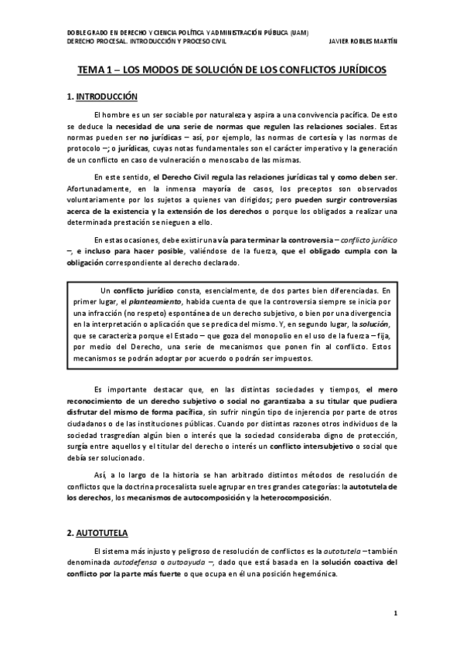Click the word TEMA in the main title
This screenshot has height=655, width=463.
91,70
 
